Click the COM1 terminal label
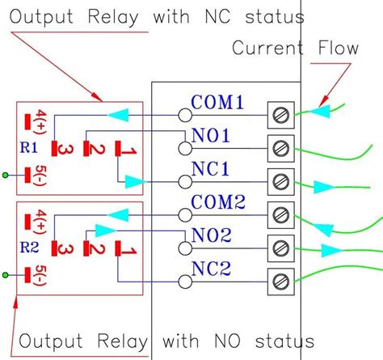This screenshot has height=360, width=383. click(217, 103)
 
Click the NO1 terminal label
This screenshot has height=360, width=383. click(211, 136)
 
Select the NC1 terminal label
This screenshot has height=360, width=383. click(211, 170)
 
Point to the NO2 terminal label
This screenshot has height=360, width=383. click(211, 235)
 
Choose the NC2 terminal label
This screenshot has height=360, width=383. click(211, 269)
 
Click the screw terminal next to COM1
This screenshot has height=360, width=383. click(279, 114)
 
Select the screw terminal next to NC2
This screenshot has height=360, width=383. click(279, 281)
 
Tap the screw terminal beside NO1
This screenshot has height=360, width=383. click(279, 147)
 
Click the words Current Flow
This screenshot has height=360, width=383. click(295, 48)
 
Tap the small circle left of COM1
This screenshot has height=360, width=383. click(185, 115)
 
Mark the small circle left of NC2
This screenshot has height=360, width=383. click(185, 281)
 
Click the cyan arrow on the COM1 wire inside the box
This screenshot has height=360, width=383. click(120, 115)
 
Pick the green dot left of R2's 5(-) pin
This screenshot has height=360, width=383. click(7, 276)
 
